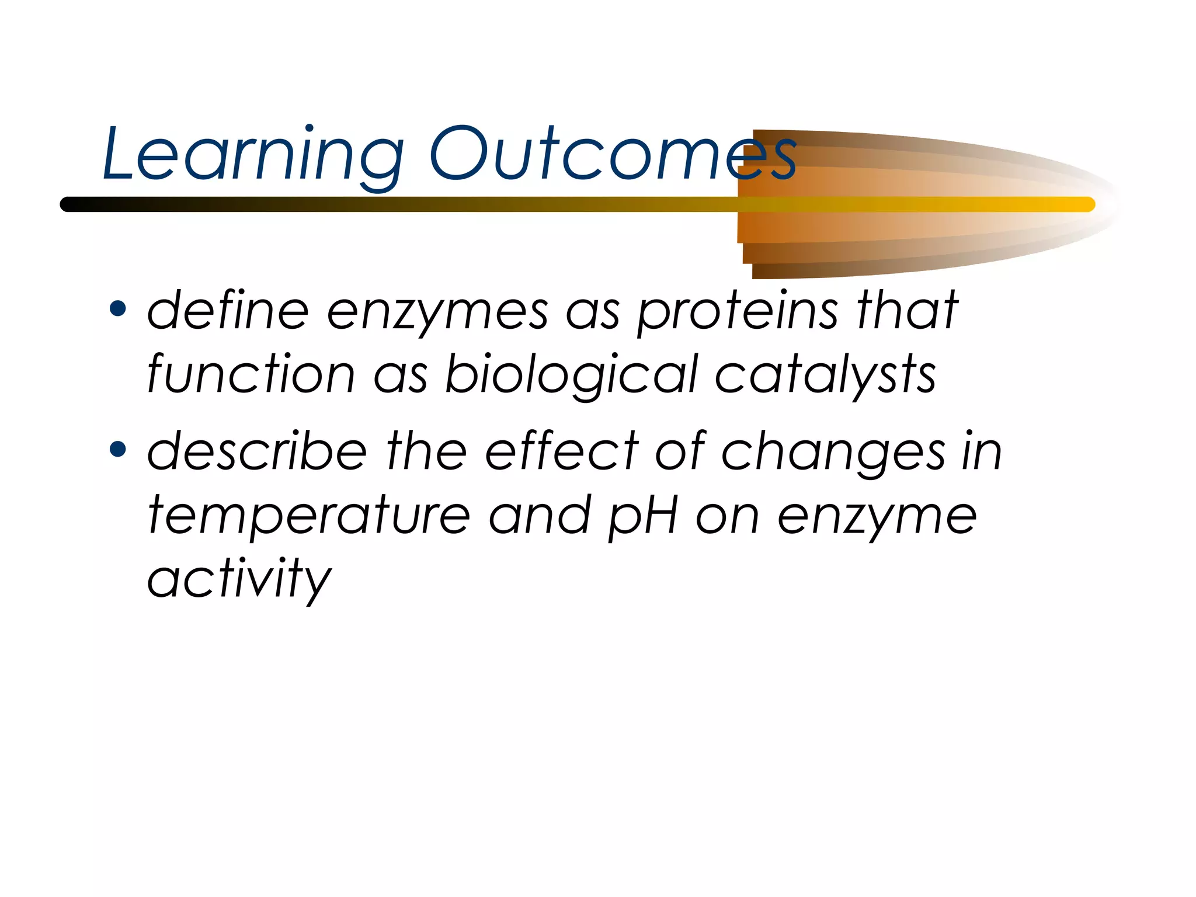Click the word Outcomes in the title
pyautogui.click(x=613, y=155)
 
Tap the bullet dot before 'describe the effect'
pyautogui.click(x=118, y=449)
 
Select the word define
pyautogui.click(x=228, y=311)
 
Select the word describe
pyautogui.click(x=257, y=451)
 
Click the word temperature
pyautogui.click(x=309, y=516)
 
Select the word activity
pyautogui.click(x=239, y=579)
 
